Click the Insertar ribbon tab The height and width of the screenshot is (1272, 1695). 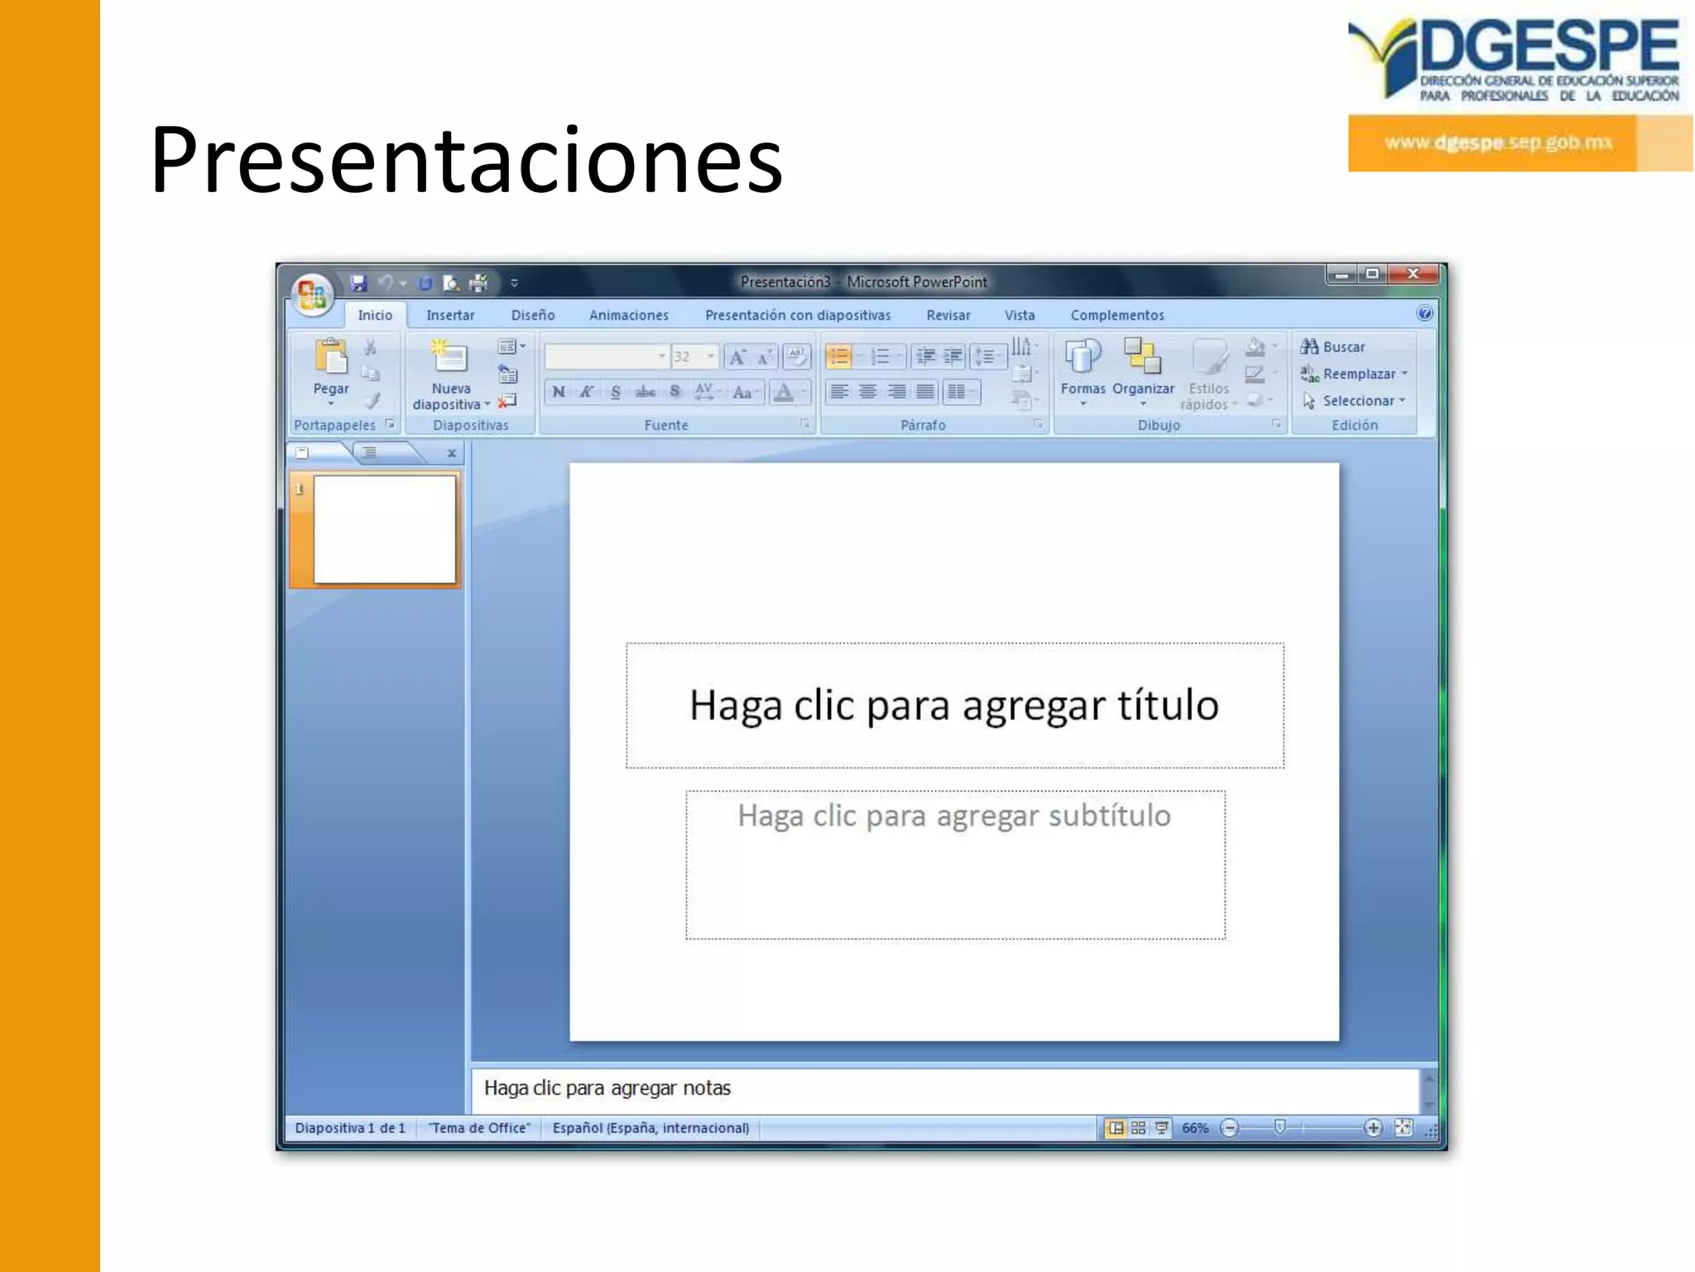tap(450, 316)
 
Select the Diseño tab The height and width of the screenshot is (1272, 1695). tap(532, 316)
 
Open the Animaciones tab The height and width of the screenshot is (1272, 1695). tap(628, 316)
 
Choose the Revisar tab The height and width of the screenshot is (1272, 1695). tap(948, 316)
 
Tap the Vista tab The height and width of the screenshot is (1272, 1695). tap(1019, 316)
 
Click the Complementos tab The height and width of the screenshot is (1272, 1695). tap(1116, 316)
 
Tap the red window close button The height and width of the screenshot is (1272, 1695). tap(1414, 274)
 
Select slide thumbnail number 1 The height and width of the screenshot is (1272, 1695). tap(384, 529)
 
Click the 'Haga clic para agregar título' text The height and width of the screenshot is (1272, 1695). tap(953, 706)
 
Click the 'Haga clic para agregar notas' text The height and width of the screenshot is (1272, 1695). tap(607, 1088)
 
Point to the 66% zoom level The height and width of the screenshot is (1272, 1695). tap(1194, 1128)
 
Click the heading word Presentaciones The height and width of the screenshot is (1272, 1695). tap(466, 160)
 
